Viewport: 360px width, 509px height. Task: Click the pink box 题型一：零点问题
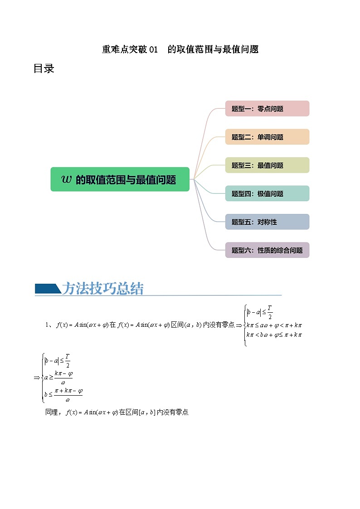[x=267, y=109]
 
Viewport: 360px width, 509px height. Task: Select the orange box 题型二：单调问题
[x=267, y=137]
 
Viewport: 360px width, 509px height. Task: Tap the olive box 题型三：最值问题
[x=267, y=165]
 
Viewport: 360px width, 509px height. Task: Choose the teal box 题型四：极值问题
[x=267, y=194]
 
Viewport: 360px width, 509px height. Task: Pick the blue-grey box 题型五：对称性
[x=267, y=222]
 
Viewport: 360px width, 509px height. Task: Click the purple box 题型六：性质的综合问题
[x=267, y=250]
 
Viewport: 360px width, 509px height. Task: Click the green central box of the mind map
[x=120, y=179]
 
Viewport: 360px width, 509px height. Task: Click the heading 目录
[x=44, y=69]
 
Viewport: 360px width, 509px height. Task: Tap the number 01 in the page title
[x=153, y=50]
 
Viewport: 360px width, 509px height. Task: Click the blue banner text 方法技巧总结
[x=103, y=289]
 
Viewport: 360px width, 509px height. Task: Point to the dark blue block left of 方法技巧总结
[x=47, y=289]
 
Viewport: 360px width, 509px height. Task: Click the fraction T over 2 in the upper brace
[x=270, y=312]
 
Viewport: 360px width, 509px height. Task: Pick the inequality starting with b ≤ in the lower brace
[x=63, y=395]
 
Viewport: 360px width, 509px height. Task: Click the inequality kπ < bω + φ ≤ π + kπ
[x=274, y=335]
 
